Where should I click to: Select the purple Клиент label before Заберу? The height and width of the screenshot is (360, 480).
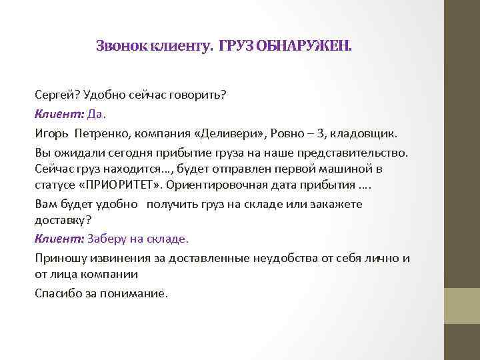[x=59, y=238]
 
